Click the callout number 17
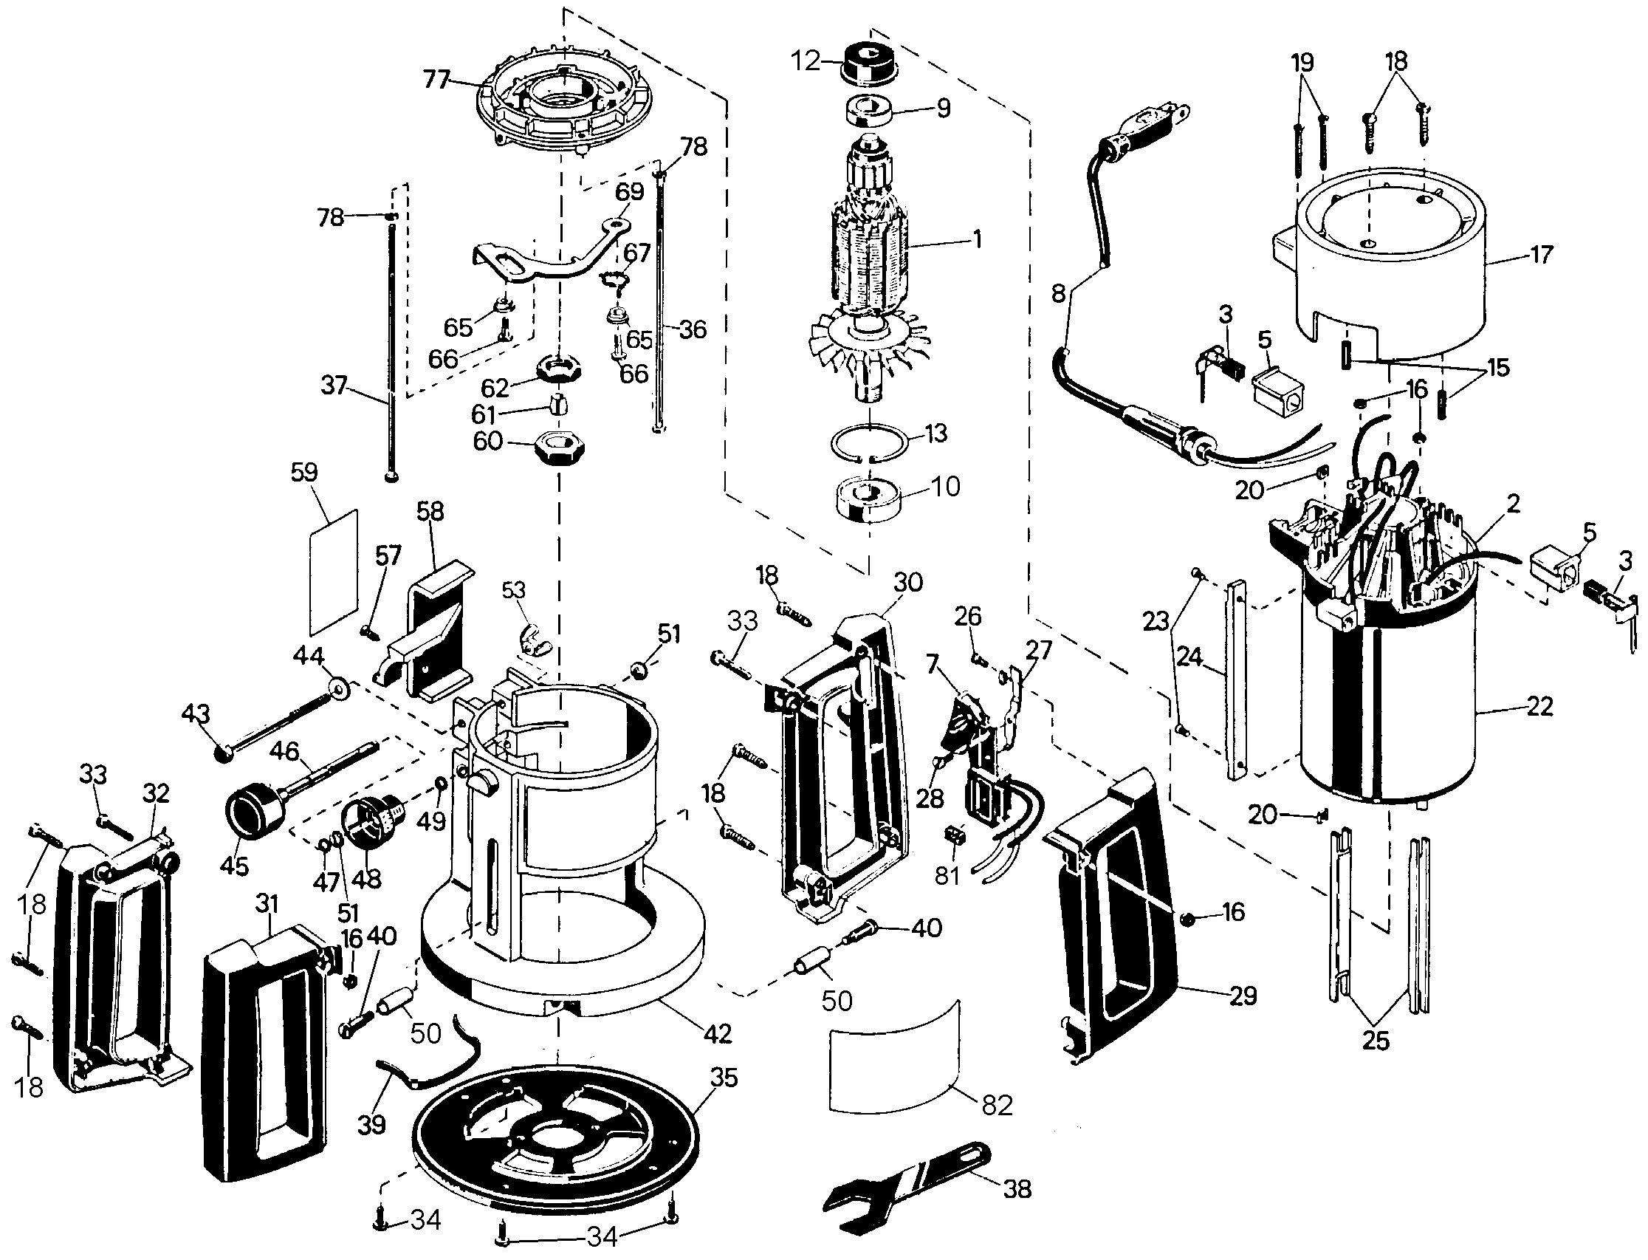[1541, 254]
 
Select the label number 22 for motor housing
[1539, 707]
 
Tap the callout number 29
[1243, 996]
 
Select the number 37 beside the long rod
[334, 386]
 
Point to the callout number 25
[1376, 1041]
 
